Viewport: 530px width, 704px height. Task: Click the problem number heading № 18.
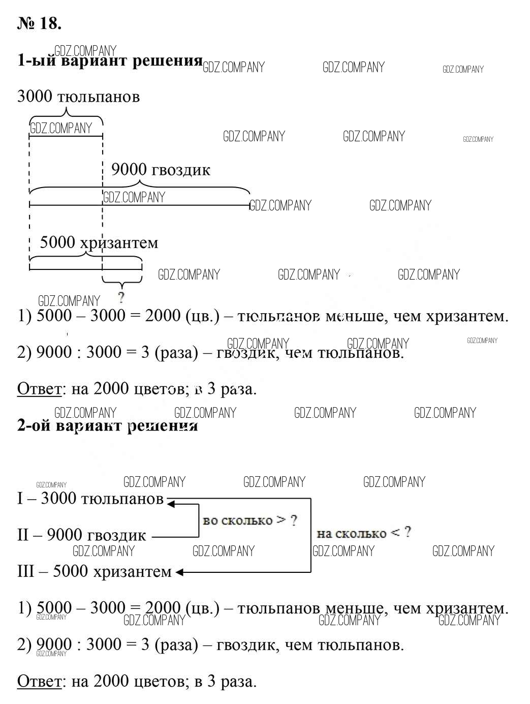point(39,23)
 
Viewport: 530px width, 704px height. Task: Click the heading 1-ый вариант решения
point(110,61)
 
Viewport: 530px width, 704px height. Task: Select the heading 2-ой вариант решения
point(107,425)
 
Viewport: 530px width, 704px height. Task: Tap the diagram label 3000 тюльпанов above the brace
point(78,96)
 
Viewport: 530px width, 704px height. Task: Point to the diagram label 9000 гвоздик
point(161,169)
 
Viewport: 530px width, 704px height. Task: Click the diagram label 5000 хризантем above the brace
point(99,242)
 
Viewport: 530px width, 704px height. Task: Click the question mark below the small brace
point(121,297)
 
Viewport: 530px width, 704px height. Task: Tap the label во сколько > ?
point(250,521)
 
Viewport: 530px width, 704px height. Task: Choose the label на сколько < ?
point(364,533)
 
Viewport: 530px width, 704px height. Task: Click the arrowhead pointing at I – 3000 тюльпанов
point(171,504)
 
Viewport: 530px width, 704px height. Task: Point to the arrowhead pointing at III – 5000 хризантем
point(179,572)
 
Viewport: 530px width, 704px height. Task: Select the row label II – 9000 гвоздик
point(81,535)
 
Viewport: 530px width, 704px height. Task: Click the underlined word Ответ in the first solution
point(39,389)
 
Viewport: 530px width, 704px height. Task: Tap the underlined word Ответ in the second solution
point(39,681)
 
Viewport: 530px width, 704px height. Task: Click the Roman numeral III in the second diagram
point(25,571)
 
